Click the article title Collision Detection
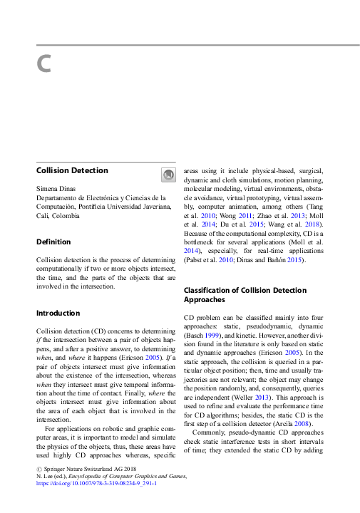[x=72, y=170]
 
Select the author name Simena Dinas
[x=56, y=189]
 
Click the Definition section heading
[x=53, y=242]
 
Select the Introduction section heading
[x=58, y=313]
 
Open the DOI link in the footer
[x=96, y=482]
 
